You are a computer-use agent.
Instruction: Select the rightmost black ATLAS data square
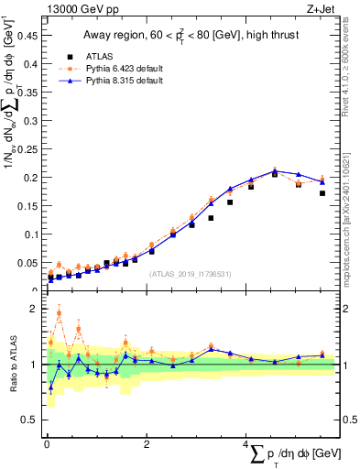click(x=322, y=193)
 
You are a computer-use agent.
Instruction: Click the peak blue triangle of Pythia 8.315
click(x=274, y=170)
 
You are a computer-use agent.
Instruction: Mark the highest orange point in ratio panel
click(x=59, y=313)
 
